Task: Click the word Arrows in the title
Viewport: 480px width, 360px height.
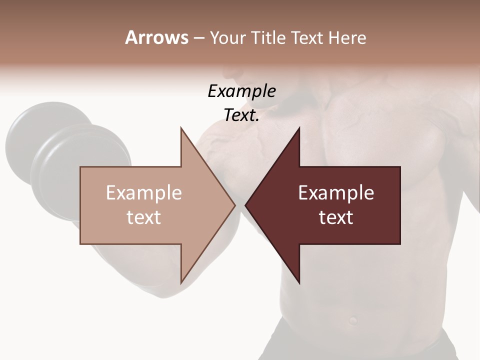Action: tap(156, 37)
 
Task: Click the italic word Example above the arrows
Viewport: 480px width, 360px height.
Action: tap(241, 91)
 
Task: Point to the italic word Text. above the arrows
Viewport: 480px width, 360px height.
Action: tap(241, 115)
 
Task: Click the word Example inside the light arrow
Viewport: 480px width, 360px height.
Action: tap(143, 193)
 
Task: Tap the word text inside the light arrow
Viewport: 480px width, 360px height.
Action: tap(143, 217)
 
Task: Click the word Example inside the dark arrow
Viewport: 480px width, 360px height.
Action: tap(336, 193)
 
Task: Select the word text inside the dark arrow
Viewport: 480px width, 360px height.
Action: tap(336, 217)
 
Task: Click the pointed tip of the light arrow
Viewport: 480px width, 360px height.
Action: tap(234, 205)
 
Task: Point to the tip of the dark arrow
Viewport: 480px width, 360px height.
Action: tap(246, 205)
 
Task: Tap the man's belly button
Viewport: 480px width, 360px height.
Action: tap(353, 318)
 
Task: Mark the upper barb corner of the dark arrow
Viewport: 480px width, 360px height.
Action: tap(299, 128)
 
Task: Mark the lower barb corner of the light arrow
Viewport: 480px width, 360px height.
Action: tap(181, 282)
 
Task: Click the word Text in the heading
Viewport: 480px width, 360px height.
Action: tap(306, 38)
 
